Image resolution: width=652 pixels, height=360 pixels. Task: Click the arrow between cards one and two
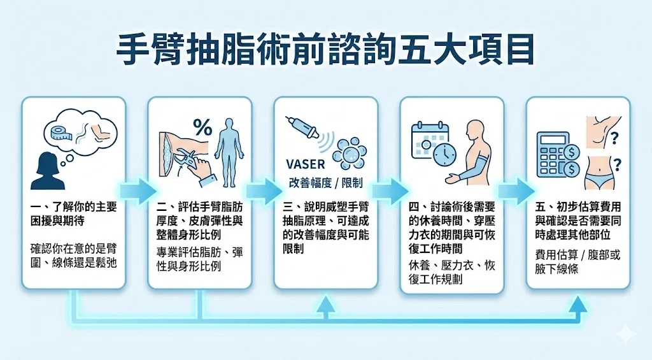[138, 189]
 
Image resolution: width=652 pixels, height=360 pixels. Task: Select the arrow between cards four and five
[516, 189]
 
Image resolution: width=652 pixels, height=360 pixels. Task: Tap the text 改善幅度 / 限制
[326, 183]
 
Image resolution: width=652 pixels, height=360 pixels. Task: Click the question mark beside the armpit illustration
[615, 137]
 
